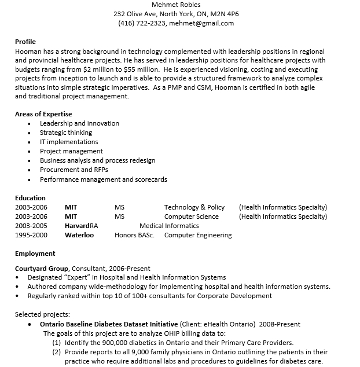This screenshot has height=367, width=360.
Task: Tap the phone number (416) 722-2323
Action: click(142, 23)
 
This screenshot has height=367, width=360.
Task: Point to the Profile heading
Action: click(25, 42)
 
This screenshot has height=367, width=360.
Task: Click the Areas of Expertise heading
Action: click(43, 114)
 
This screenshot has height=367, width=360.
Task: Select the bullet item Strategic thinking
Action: click(65, 133)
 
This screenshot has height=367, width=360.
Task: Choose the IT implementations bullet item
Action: click(69, 142)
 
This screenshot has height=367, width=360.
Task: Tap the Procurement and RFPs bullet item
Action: click(74, 170)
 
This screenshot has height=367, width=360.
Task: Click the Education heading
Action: click(30, 198)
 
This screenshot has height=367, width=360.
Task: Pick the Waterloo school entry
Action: click(79, 235)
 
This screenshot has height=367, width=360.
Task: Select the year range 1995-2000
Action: click(31, 235)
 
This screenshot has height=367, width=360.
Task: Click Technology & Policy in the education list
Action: click(194, 207)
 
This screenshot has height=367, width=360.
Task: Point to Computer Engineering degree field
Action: click(198, 235)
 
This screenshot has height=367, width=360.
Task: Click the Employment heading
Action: click(35, 254)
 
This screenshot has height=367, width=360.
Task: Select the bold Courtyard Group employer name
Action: click(42, 269)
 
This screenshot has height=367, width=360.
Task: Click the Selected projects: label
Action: click(39, 314)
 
